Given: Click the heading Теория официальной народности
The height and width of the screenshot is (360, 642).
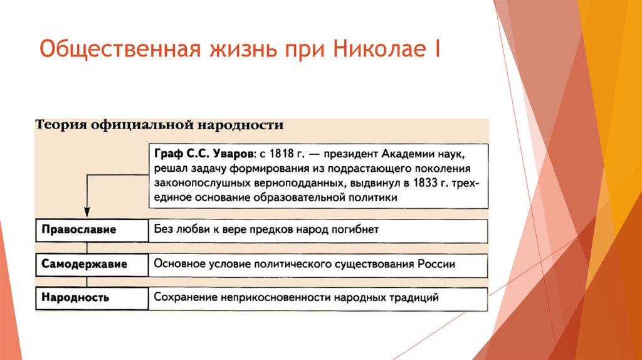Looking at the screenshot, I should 160,125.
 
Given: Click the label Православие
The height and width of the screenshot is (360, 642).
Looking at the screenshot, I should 79,230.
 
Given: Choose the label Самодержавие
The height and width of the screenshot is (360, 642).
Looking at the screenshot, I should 85,264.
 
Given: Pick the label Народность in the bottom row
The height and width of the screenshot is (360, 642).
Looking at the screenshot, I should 76,297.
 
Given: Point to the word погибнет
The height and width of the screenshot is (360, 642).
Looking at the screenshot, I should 355,230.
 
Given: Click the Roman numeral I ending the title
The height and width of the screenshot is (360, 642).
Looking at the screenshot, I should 434,49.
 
